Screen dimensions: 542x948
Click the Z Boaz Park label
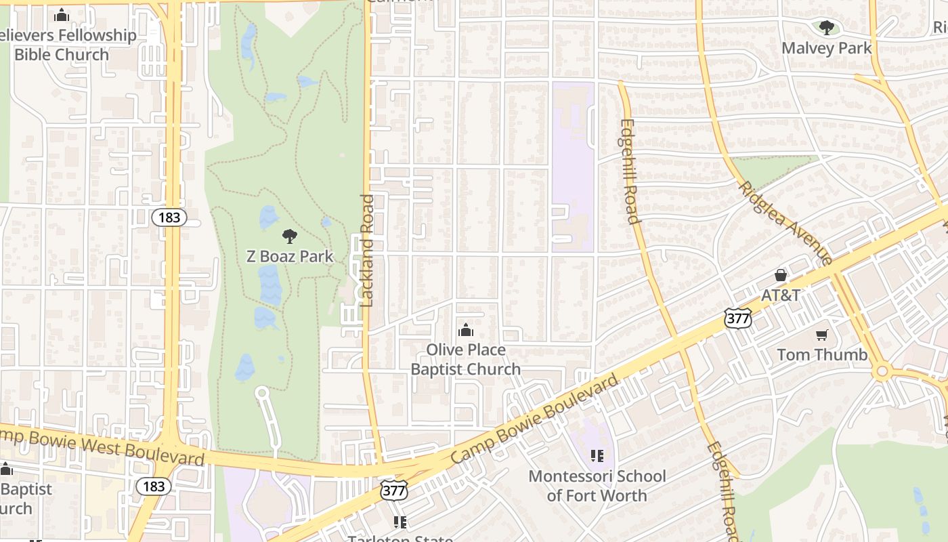point(290,256)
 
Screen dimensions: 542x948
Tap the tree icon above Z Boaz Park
point(290,236)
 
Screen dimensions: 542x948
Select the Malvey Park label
point(827,48)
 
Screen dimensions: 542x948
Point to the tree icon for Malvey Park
point(826,28)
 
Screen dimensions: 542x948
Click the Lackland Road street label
point(367,251)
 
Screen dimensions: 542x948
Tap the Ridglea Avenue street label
point(785,222)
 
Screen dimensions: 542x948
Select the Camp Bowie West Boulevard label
point(102,446)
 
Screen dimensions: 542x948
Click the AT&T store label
point(781,295)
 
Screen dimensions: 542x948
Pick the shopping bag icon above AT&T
point(781,275)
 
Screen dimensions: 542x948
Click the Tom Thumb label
point(822,354)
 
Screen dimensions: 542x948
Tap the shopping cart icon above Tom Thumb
point(822,335)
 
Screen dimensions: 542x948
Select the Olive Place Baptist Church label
point(466,359)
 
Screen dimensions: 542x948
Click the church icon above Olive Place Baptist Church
point(466,331)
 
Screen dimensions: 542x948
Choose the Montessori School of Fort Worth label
point(597,485)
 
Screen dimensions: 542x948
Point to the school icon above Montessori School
point(597,455)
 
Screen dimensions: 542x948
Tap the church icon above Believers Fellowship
point(62,15)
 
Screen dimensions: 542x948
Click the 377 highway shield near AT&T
point(737,318)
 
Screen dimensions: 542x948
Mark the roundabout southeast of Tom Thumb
point(882,371)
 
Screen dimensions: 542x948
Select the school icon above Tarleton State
point(400,522)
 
